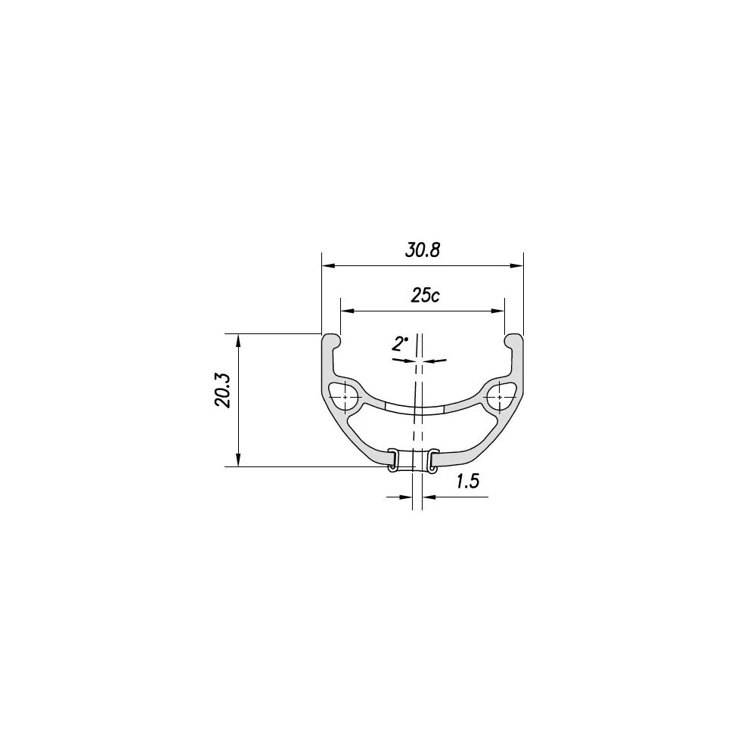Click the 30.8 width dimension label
[422, 251]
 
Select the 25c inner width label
[425, 296]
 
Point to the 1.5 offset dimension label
[469, 482]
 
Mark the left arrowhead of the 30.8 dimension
[327, 265]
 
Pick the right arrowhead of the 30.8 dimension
[518, 265]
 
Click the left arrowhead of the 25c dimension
[345, 310]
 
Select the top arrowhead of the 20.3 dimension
[239, 338]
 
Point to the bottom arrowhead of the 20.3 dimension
[239, 462]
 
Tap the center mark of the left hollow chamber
[345, 396]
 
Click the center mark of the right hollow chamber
[500, 396]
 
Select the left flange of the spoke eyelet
[392, 460]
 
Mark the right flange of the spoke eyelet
[432, 460]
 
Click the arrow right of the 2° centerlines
[435, 361]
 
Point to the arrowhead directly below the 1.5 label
[427, 497]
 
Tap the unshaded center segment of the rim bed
[415, 409]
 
